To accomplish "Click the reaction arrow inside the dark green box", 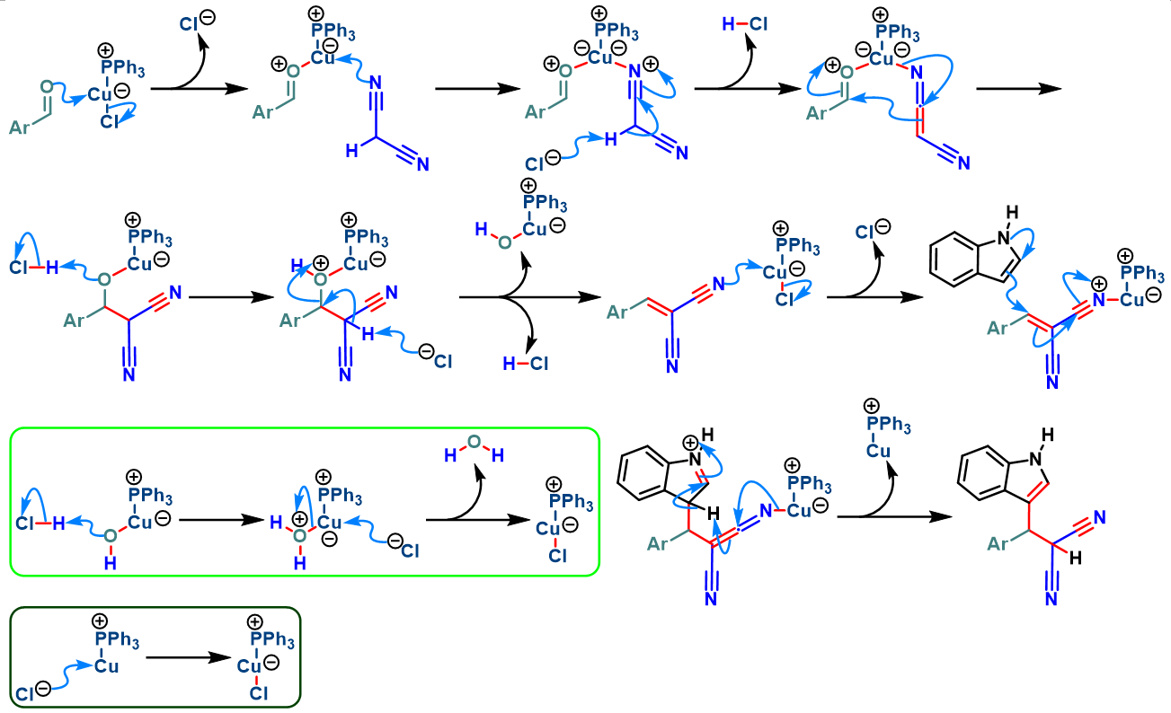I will tap(182, 658).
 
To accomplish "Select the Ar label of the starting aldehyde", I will tap(22, 128).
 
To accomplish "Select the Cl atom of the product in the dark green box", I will tap(258, 693).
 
